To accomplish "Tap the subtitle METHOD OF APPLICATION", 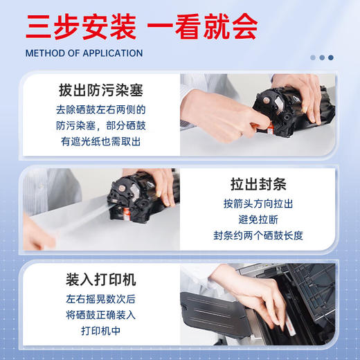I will tap(84, 53).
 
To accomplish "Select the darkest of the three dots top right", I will tap(330, 57).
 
